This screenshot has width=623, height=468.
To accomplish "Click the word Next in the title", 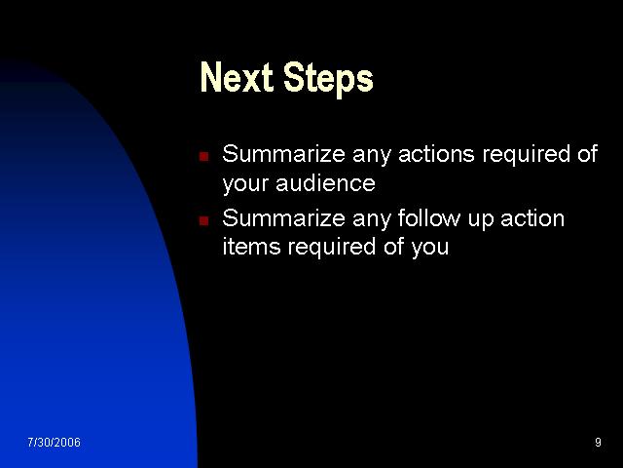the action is click(x=237, y=77).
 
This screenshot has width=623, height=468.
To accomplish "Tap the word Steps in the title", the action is click(x=328, y=80).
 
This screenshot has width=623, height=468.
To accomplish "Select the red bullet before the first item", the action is click(x=204, y=156).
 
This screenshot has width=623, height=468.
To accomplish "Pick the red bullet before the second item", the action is click(x=204, y=220).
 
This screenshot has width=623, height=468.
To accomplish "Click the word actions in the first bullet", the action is click(x=436, y=154).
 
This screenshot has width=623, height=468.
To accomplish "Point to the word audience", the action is click(x=325, y=183).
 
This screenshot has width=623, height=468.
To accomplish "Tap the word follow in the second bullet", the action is click(x=428, y=218).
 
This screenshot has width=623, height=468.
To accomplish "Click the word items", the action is click(x=252, y=247).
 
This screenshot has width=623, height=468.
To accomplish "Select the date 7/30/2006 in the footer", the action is click(x=55, y=442).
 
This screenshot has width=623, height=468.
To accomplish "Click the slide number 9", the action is click(x=598, y=442).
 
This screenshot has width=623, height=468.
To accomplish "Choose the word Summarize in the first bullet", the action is click(x=283, y=154).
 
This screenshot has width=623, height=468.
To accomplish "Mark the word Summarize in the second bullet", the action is click(x=283, y=218).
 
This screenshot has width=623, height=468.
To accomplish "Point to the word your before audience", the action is click(x=245, y=185).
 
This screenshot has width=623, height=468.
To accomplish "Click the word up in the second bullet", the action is click(x=480, y=220).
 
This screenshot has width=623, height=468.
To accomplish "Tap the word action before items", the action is click(x=532, y=218).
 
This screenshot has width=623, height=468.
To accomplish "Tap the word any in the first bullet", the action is click(x=372, y=157).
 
